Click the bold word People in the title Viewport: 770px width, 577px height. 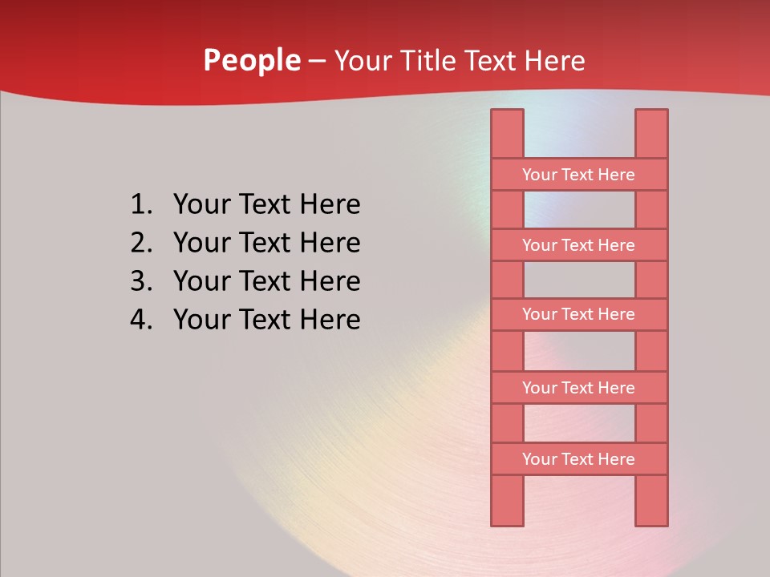pyautogui.click(x=251, y=60)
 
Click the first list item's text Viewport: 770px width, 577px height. pyautogui.click(x=266, y=205)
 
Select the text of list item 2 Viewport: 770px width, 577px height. pyautogui.click(x=266, y=243)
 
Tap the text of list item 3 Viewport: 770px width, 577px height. pyautogui.click(x=266, y=281)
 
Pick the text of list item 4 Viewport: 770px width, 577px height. pyautogui.click(x=266, y=320)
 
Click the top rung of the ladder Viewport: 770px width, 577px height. pyautogui.click(x=578, y=175)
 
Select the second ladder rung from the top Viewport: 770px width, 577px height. pyautogui.click(x=578, y=245)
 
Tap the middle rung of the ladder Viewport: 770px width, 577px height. pyautogui.click(x=578, y=314)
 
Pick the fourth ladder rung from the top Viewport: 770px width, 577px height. pyautogui.click(x=578, y=388)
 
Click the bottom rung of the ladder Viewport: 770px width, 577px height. pyautogui.click(x=578, y=459)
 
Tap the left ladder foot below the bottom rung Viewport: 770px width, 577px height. pyautogui.click(x=507, y=500)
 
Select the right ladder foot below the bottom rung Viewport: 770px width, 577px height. pyautogui.click(x=651, y=500)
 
